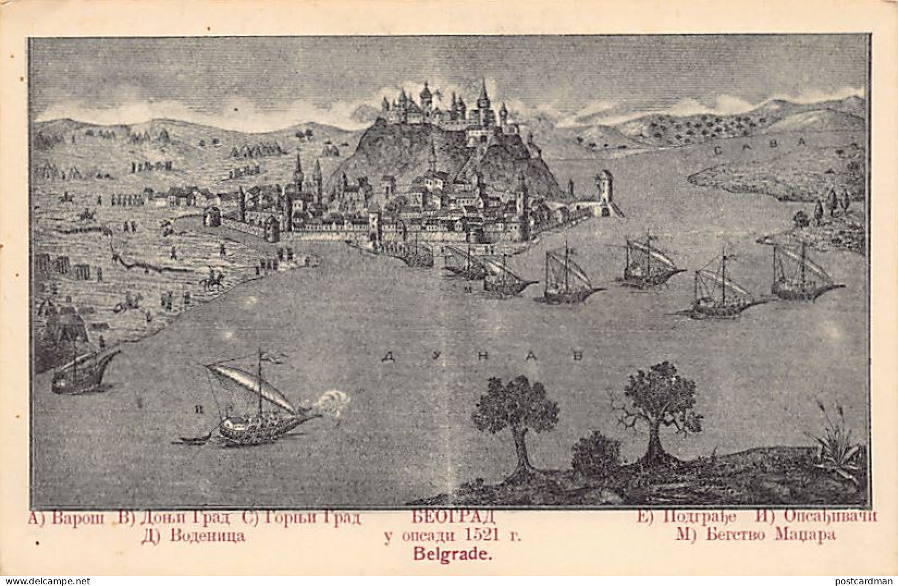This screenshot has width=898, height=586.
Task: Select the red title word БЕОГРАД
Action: (453, 517)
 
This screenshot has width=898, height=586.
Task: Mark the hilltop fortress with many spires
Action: (442, 108)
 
